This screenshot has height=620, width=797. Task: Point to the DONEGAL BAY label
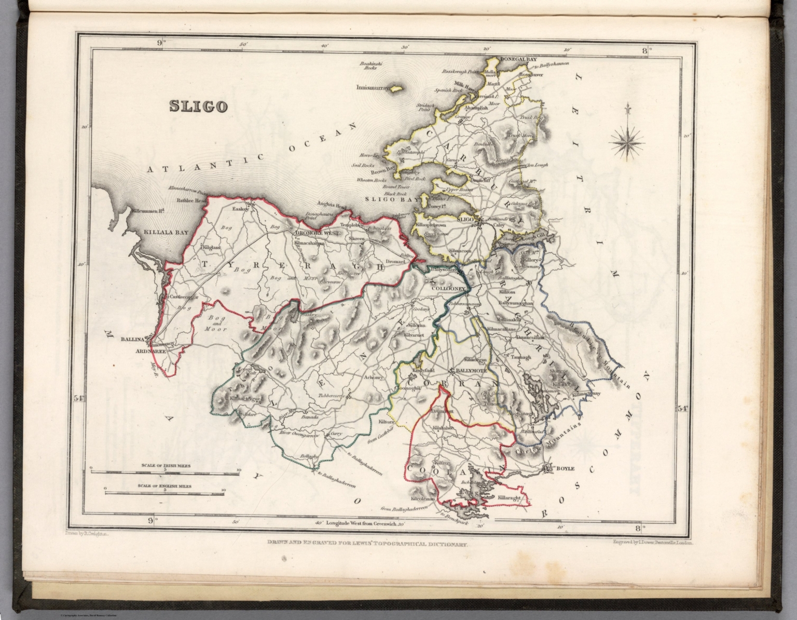point(518,60)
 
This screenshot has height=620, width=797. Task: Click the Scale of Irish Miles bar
point(164,472)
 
